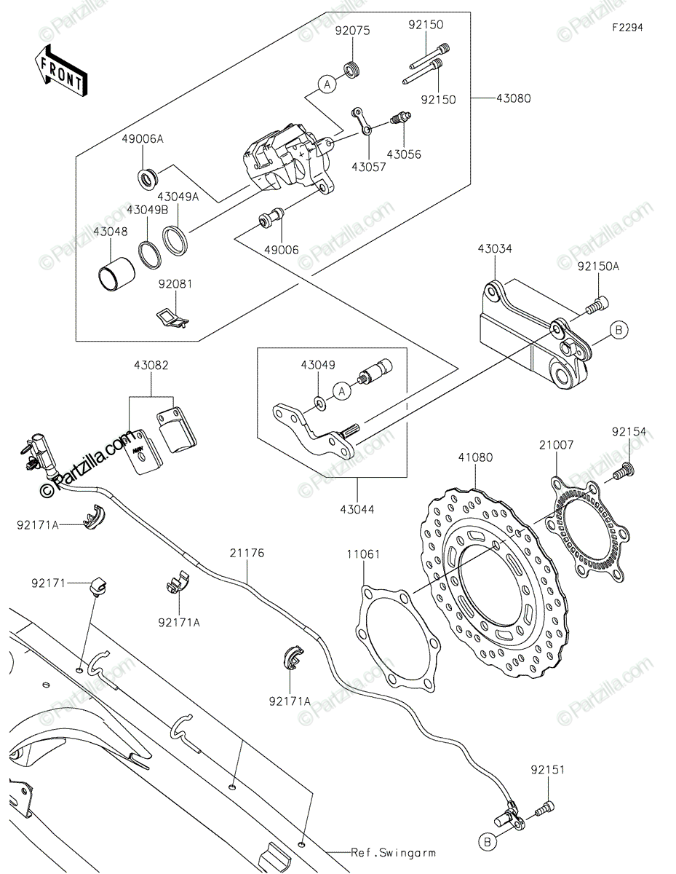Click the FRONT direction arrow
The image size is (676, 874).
pyautogui.click(x=60, y=70)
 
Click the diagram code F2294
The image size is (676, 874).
pyautogui.click(x=627, y=28)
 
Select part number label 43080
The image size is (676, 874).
pyautogui.click(x=513, y=98)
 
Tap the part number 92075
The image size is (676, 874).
pyautogui.click(x=353, y=31)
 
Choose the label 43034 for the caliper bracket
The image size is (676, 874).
pyautogui.click(x=495, y=248)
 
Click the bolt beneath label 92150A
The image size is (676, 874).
pyautogui.click(x=597, y=304)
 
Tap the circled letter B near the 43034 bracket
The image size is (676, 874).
pyautogui.click(x=619, y=330)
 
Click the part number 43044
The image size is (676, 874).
pyautogui.click(x=357, y=509)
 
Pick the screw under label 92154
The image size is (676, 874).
pyautogui.click(x=624, y=470)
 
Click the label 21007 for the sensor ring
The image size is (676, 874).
pyautogui.click(x=557, y=445)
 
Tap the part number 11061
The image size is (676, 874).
pyautogui.click(x=364, y=554)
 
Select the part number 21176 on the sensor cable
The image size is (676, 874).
pyautogui.click(x=247, y=553)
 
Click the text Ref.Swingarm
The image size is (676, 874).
pyautogui.click(x=393, y=853)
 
